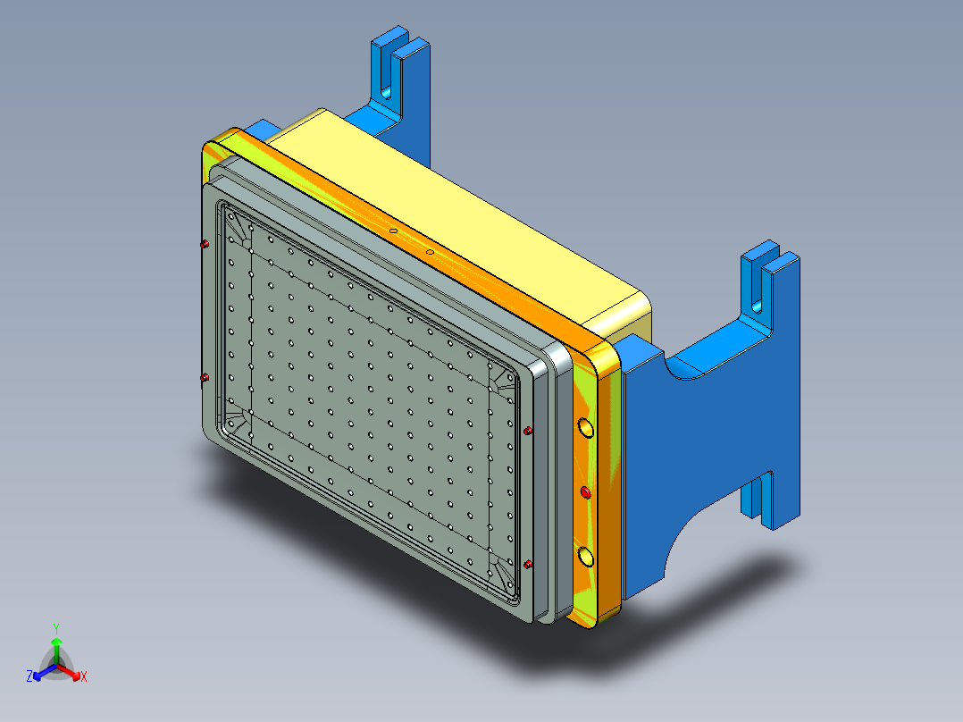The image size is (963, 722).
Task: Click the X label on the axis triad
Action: pos(84,677)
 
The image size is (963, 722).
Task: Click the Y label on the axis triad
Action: pos(56,627)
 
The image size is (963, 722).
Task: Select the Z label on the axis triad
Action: pos(29,677)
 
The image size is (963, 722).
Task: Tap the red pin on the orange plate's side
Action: pos(586,492)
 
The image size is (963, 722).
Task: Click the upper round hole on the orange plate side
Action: pos(585,429)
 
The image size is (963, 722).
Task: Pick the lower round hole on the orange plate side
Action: pos(586,558)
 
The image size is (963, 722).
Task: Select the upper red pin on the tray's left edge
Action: pos(205,244)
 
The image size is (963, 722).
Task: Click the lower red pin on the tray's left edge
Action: pos(204,378)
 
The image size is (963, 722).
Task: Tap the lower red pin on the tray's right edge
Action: pos(528,564)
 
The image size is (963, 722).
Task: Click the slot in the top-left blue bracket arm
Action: pos(389,71)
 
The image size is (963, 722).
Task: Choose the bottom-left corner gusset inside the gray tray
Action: pos(238,418)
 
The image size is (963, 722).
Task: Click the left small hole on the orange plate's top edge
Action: pos(392,231)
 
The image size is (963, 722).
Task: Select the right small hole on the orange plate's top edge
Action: pos(430,252)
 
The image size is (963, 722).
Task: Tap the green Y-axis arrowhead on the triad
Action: pos(56,642)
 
